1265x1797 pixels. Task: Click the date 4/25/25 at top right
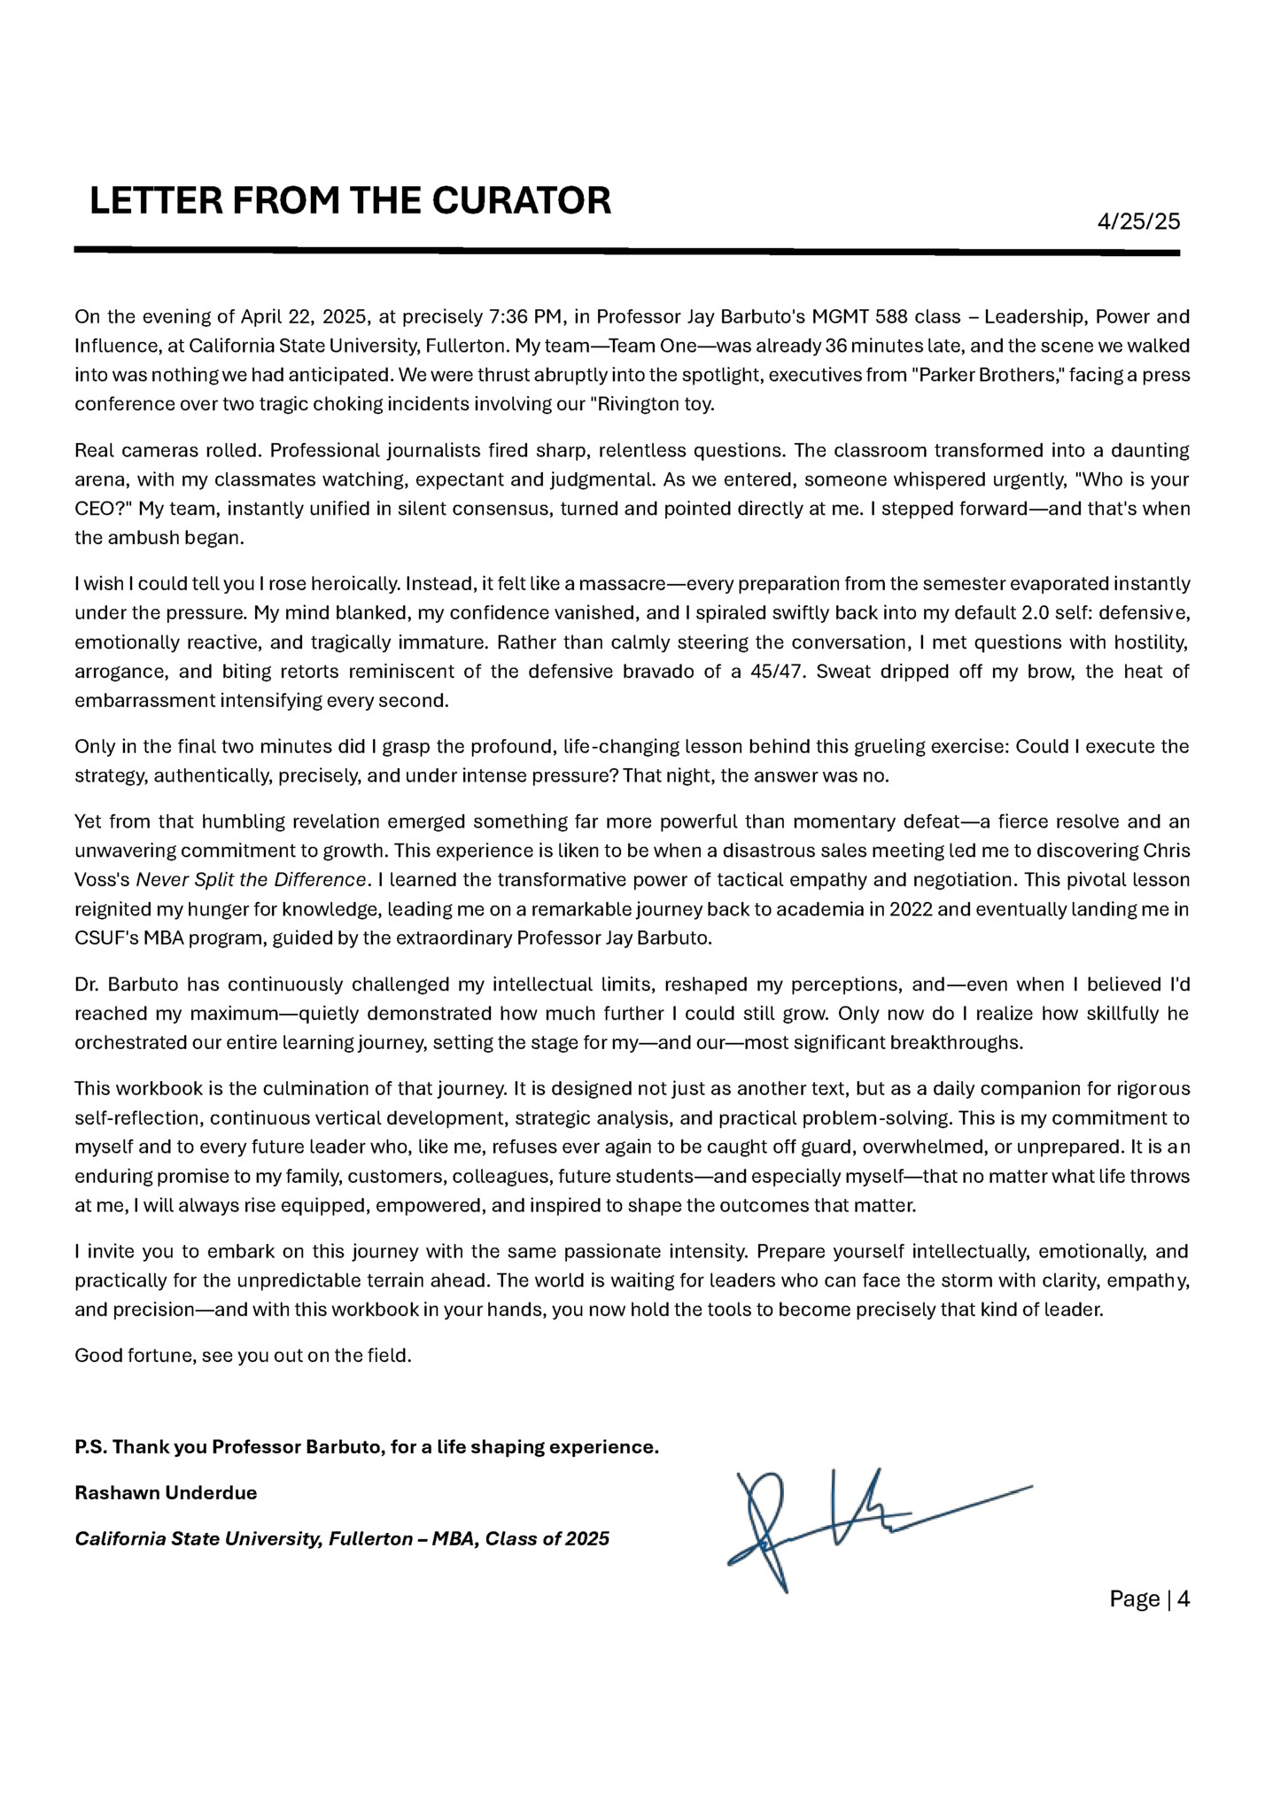pyautogui.click(x=1138, y=222)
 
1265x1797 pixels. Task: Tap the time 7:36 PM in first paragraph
pyautogui.click(x=526, y=317)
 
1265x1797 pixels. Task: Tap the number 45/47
pyautogui.click(x=777, y=672)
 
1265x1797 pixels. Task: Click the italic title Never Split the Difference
pyautogui.click(x=251, y=880)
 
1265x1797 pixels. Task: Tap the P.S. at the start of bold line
pyautogui.click(x=90, y=1447)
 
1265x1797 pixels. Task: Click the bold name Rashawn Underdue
pyautogui.click(x=166, y=1493)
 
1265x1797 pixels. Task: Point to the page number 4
pyautogui.click(x=1183, y=1599)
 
